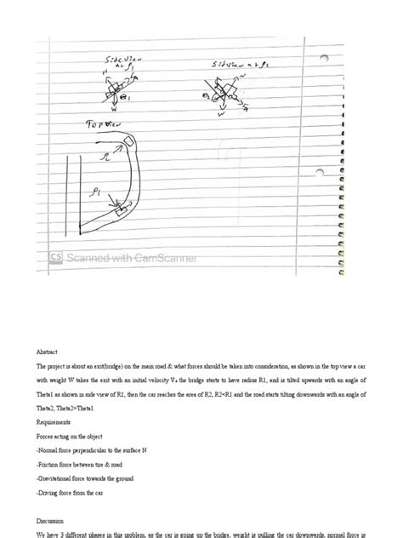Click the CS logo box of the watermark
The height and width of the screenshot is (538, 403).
[x=57, y=256]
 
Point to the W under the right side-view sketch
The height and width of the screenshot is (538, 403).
[x=221, y=113]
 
